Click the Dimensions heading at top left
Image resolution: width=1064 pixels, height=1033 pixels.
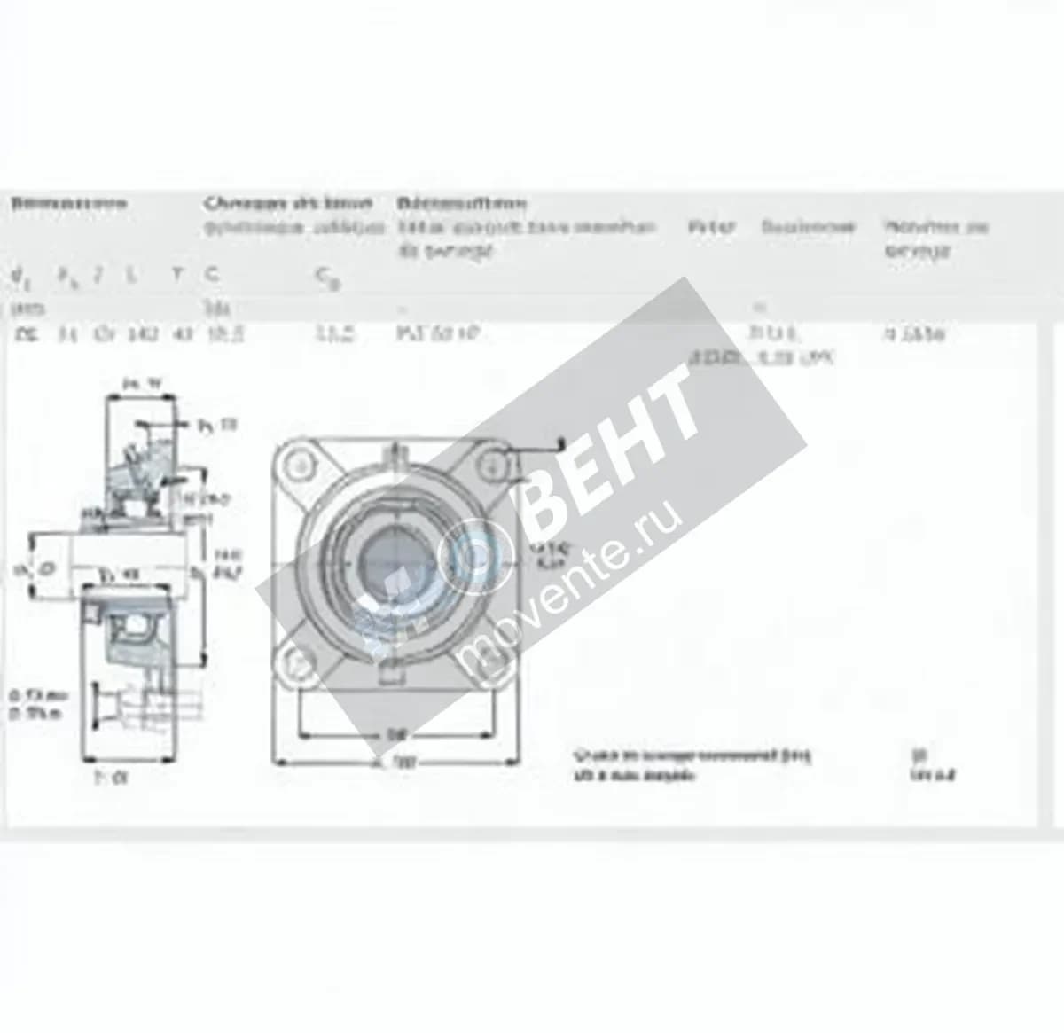pos(68,204)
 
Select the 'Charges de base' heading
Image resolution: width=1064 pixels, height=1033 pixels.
pos(287,203)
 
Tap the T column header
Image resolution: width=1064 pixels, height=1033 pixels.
pos(178,275)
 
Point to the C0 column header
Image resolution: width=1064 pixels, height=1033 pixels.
pos(326,278)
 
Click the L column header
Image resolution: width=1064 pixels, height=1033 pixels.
pos(131,275)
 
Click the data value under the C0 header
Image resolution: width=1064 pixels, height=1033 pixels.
pos(336,334)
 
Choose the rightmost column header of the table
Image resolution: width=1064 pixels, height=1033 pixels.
pos(935,238)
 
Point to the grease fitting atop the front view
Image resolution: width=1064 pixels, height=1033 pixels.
pos(395,458)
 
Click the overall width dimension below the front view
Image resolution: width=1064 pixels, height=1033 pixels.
pos(395,763)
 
